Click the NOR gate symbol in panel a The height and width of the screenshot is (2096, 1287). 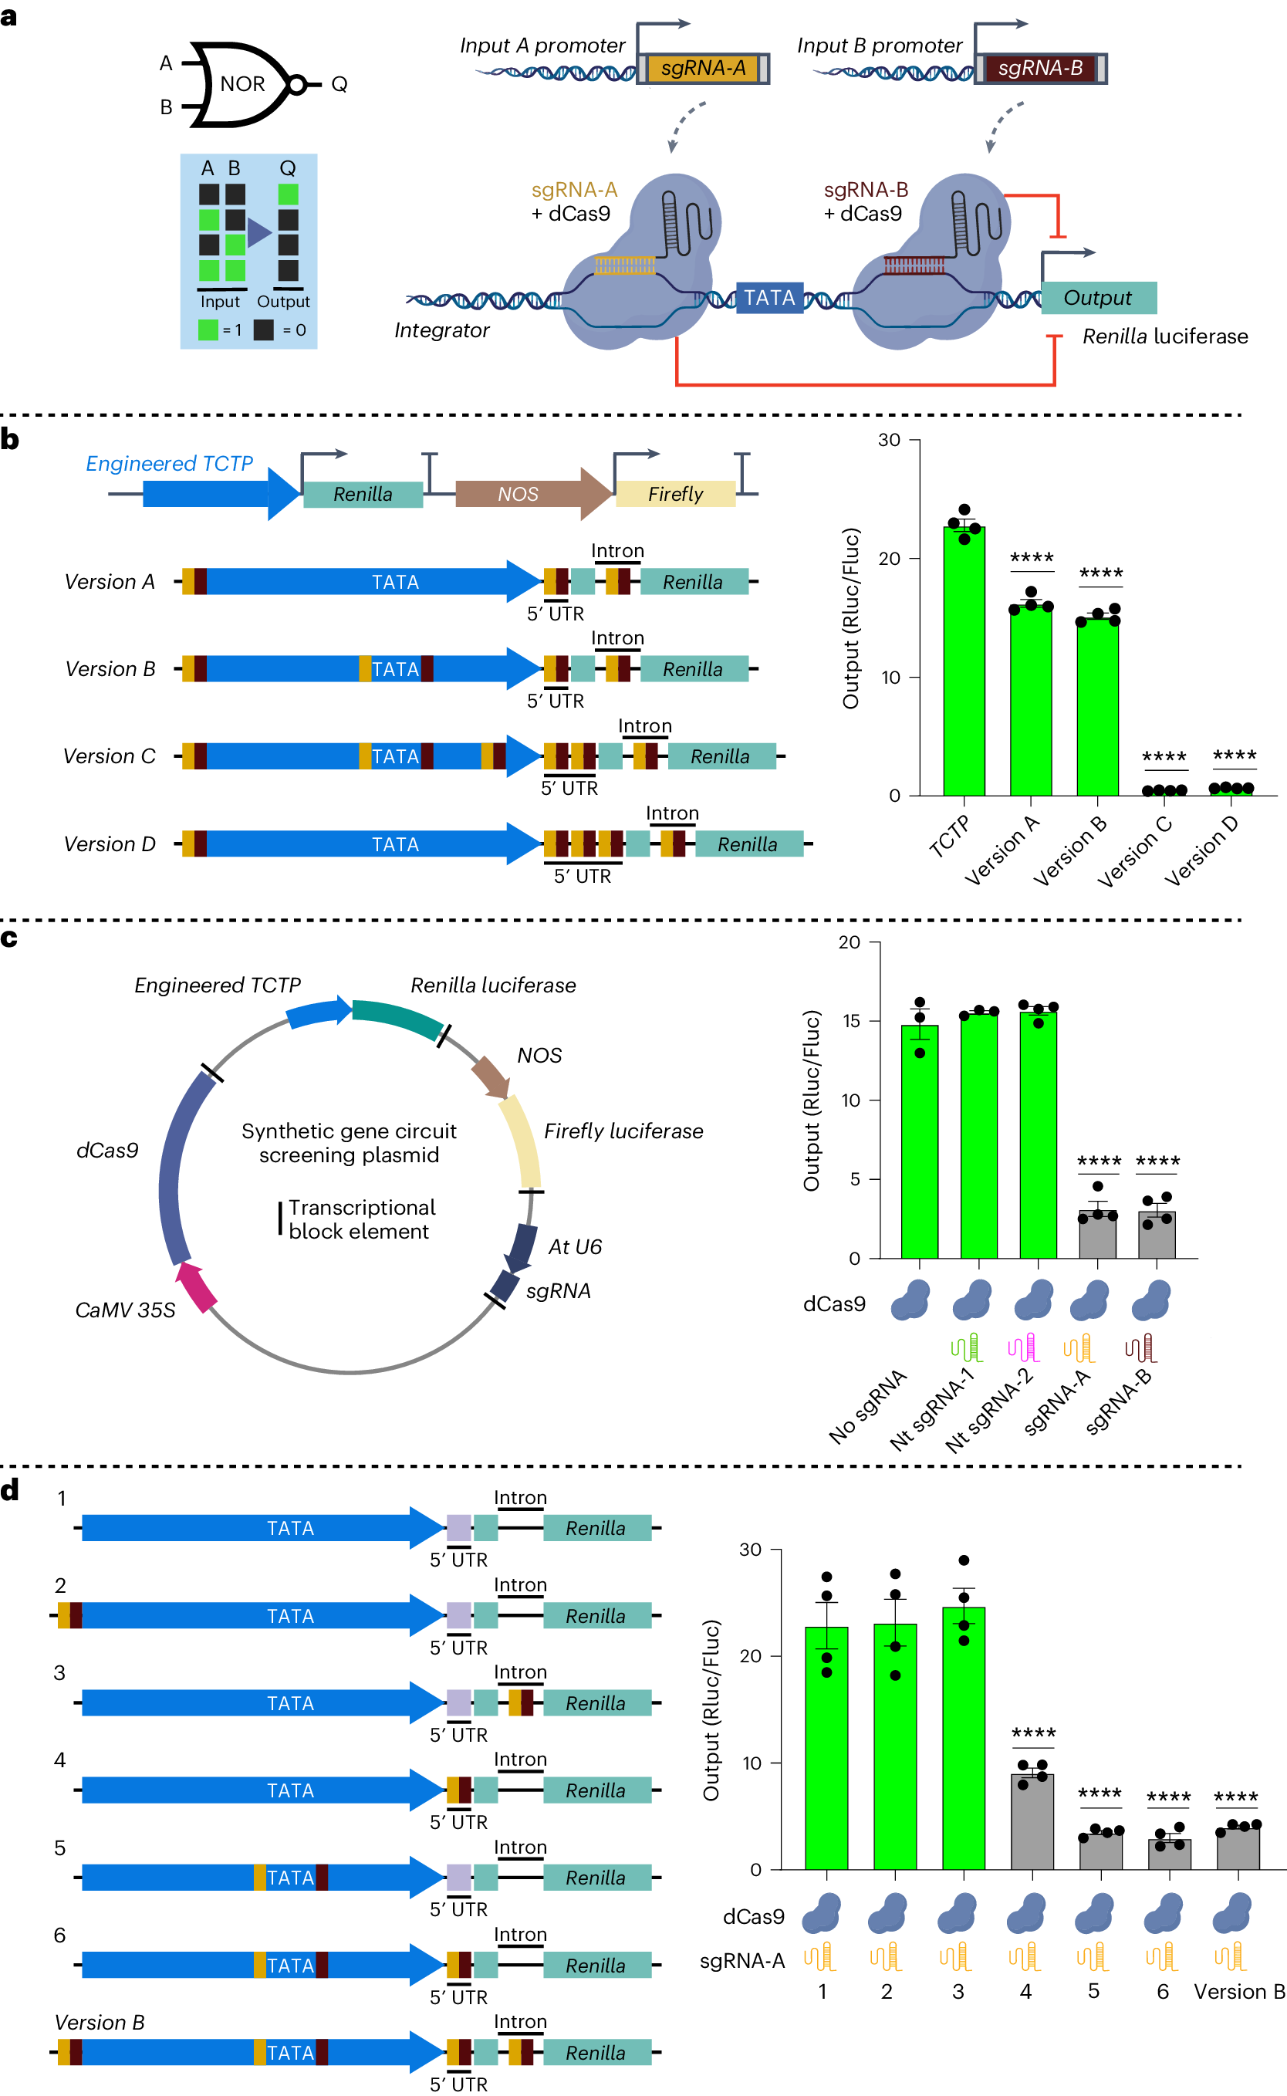point(241,84)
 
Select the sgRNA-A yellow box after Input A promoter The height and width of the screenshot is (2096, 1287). point(702,68)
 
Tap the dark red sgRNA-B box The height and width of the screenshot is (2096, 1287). point(1039,68)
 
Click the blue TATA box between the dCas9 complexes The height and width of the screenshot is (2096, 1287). point(768,298)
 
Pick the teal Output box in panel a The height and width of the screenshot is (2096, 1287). point(1098,298)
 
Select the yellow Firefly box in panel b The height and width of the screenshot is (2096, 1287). point(675,494)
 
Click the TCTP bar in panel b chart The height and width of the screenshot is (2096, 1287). point(964,664)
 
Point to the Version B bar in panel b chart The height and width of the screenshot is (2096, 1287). point(1097,707)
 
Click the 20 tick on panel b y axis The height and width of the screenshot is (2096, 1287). point(890,559)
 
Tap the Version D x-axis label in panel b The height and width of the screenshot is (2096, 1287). point(1202,850)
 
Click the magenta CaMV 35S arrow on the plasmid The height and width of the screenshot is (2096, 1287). point(197,1286)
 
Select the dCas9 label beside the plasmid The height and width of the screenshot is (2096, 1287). point(107,1150)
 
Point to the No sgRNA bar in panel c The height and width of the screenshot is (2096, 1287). point(919,1141)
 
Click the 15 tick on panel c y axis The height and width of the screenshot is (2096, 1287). point(851,1021)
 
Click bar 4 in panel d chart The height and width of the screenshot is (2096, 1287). point(1032,1822)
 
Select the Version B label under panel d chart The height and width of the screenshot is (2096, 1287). point(1238,1992)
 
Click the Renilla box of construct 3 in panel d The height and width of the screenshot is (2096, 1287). point(596,1703)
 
